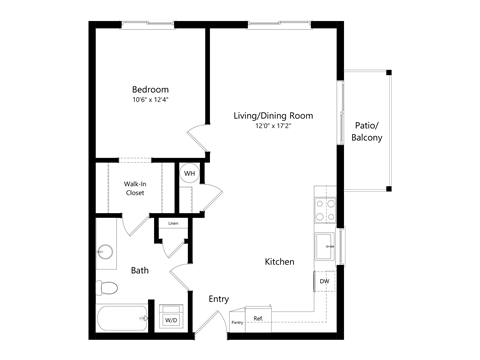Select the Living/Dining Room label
pos(273,116)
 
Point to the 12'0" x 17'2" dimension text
pos(273,127)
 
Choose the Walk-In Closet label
pos(135,188)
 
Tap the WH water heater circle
pos(188,174)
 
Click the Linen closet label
pos(173,223)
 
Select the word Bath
pos(140,270)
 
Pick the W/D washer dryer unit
pos(172,315)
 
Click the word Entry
pos(218,299)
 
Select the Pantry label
pos(237,323)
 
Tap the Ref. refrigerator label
pos(258,318)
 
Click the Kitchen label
pos(279,262)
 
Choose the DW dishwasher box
pos(324,282)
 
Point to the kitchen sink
pos(325,245)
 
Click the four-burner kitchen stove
pos(325,208)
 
